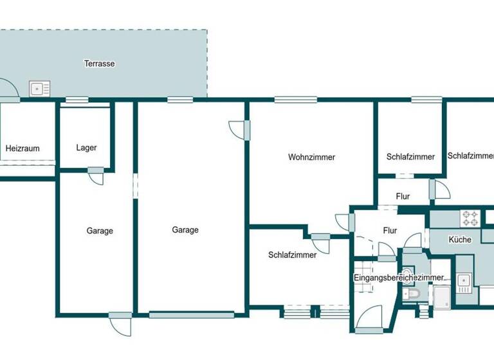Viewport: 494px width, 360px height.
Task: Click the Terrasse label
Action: (x=99, y=64)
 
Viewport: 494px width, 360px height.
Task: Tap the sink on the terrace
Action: (x=39, y=88)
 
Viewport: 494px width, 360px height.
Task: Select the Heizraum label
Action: (x=23, y=148)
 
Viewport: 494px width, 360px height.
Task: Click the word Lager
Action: (x=86, y=148)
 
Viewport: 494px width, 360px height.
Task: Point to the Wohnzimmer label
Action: (x=312, y=157)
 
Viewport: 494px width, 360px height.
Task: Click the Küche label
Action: (x=461, y=240)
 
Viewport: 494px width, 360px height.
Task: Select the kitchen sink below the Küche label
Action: (x=463, y=280)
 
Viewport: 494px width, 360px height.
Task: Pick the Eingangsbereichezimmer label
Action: (x=399, y=277)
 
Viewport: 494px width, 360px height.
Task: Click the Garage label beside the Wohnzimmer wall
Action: (x=185, y=230)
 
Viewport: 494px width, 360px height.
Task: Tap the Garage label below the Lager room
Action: (x=100, y=231)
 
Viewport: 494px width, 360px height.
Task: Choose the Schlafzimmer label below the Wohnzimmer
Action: (x=293, y=255)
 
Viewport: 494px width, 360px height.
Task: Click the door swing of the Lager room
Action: (x=96, y=176)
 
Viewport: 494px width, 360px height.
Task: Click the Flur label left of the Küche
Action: (x=390, y=230)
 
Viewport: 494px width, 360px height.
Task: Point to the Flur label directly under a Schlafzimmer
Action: (x=403, y=197)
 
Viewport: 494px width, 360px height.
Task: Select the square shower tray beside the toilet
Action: (x=443, y=296)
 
